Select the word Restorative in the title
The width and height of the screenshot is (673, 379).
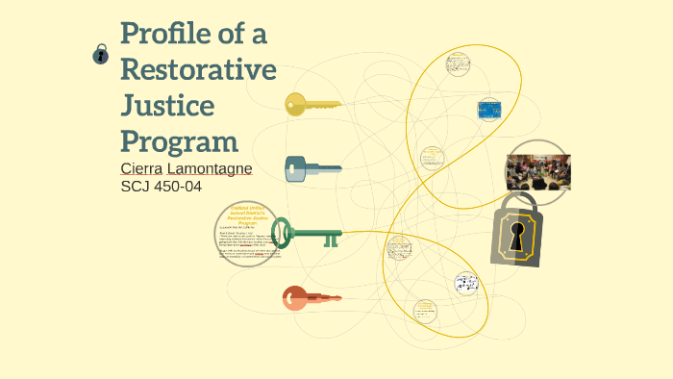pyautogui.click(x=198, y=69)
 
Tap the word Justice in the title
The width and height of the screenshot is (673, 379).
pyautogui.click(x=167, y=105)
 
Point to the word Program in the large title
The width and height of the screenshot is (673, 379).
pyautogui.click(x=180, y=141)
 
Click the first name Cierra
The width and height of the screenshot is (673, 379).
pyautogui.click(x=142, y=168)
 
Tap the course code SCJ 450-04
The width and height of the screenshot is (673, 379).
pyautogui.click(x=161, y=186)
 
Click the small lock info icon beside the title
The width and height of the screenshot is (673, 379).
pyautogui.click(x=100, y=56)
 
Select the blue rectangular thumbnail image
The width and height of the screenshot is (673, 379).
pyautogui.click(x=489, y=109)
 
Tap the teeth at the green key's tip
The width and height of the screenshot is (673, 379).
pyautogui.click(x=331, y=240)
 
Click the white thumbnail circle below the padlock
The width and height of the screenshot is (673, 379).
pyautogui.click(x=466, y=284)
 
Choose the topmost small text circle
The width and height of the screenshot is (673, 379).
pyautogui.click(x=459, y=64)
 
